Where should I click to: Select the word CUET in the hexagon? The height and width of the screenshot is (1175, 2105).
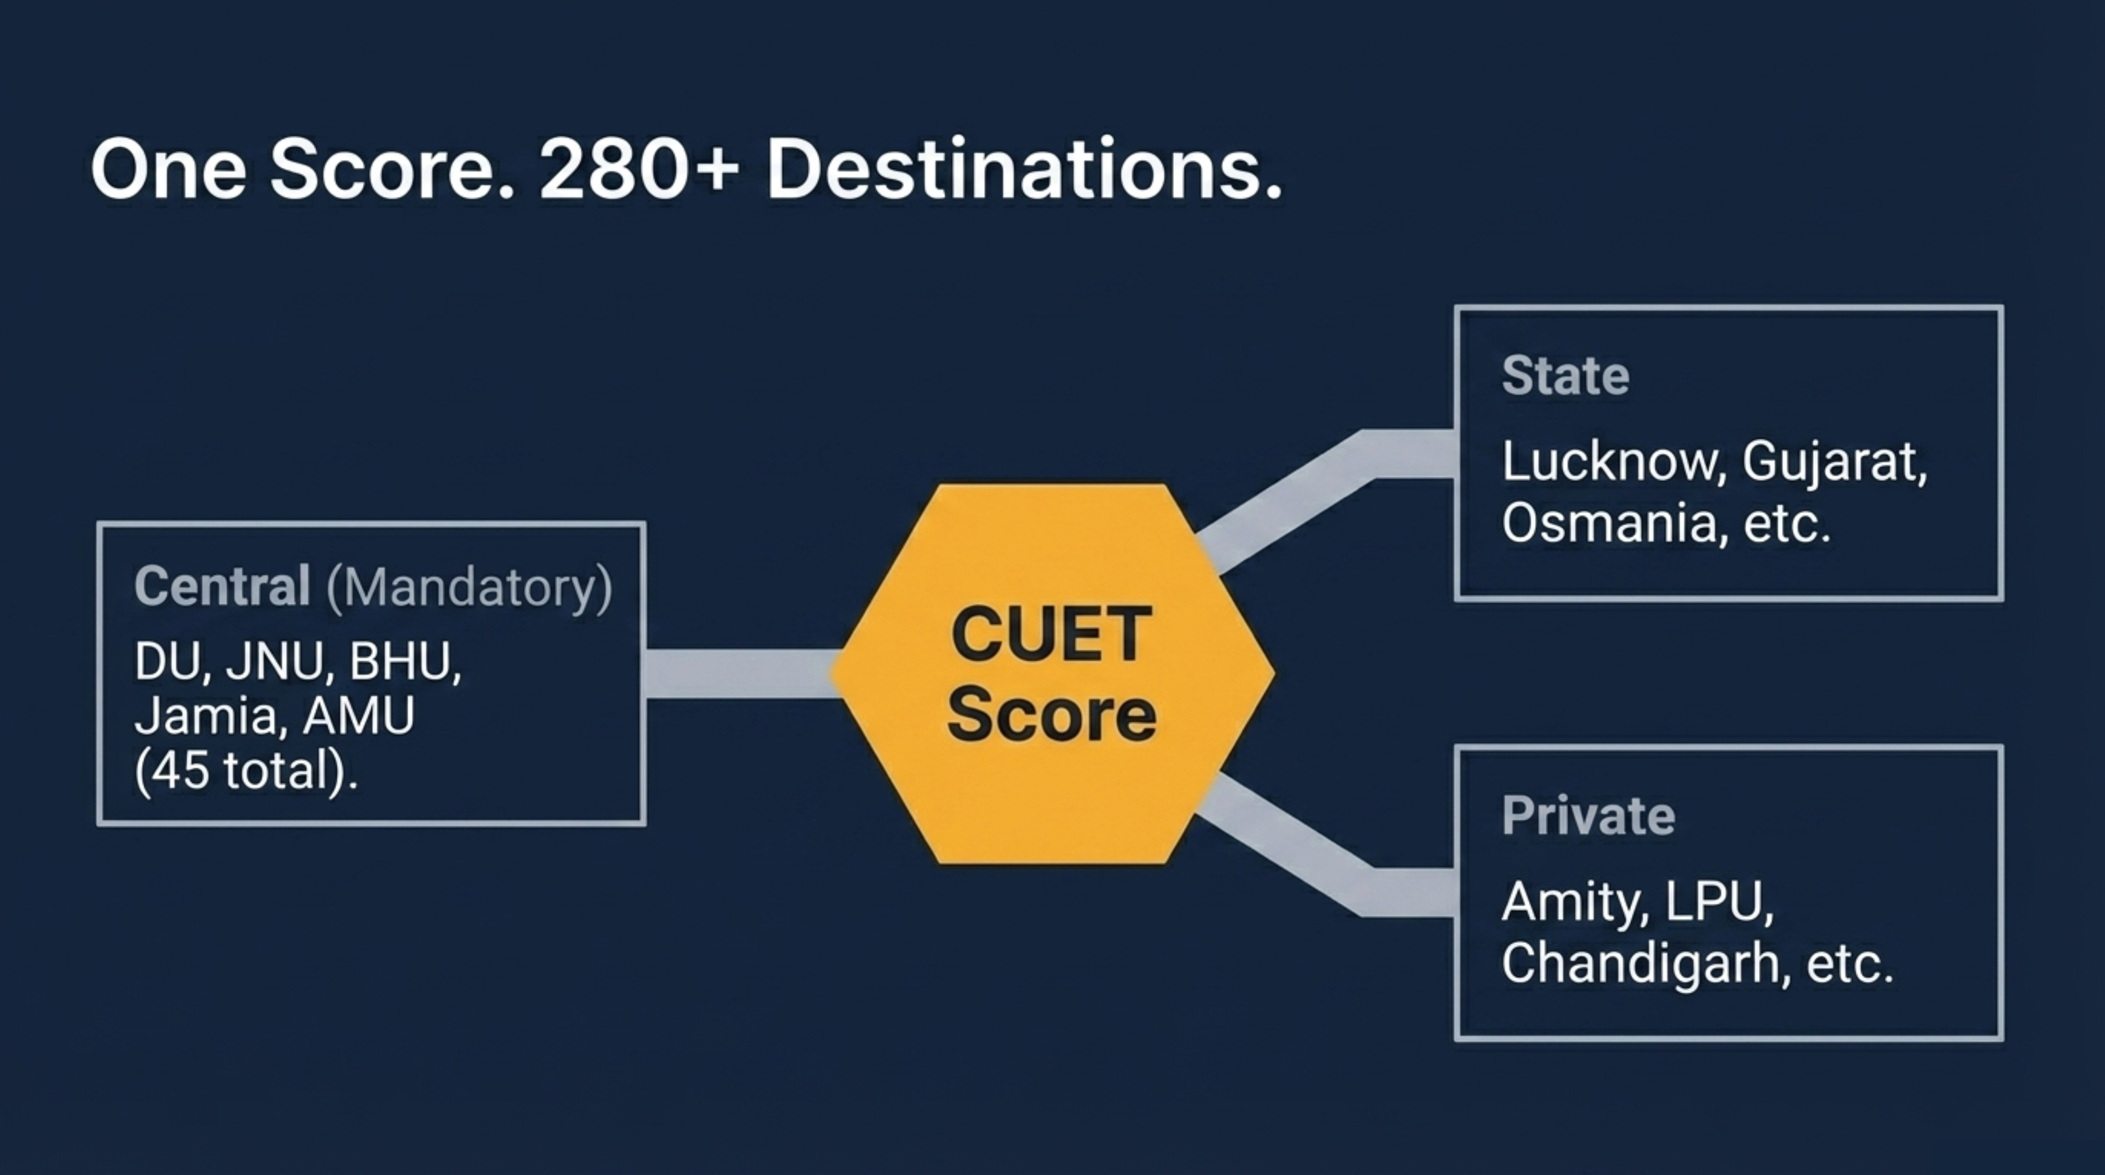[1052, 635]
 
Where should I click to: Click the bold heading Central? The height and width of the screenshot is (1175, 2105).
[222, 586]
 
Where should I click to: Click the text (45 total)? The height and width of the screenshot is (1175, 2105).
[246, 771]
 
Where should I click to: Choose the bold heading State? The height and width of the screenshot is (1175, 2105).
[1566, 376]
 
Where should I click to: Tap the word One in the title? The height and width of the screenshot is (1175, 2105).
[168, 170]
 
